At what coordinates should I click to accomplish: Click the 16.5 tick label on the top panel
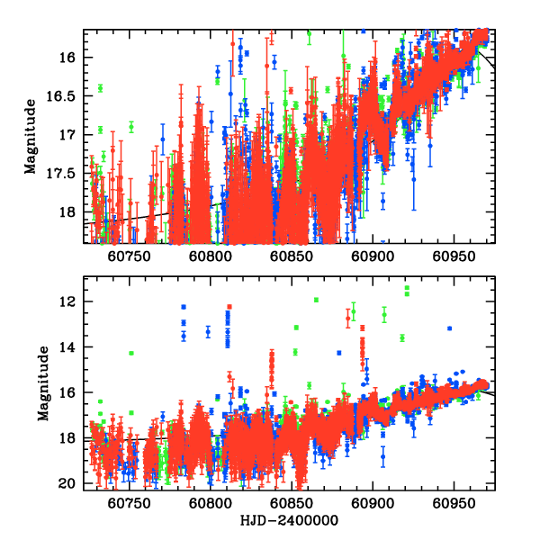pos(65,95)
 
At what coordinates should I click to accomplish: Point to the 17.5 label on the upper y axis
pos(65,173)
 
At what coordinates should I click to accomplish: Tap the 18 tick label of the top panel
pos(72,212)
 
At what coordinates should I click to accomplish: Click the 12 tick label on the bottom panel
pos(72,301)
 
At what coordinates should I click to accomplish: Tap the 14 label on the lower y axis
pos(72,347)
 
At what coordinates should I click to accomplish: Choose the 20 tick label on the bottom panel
pos(72,484)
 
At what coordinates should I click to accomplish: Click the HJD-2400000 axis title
pos(290,521)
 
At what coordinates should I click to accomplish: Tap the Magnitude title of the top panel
pos(31,136)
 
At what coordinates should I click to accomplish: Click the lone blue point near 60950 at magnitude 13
pos(449,328)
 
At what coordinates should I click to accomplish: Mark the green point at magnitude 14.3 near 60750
pos(131,353)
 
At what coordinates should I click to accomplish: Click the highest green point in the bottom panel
pos(407,288)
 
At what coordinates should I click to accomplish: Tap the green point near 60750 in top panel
pos(131,126)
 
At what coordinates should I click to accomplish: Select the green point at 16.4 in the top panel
pos(100,87)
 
